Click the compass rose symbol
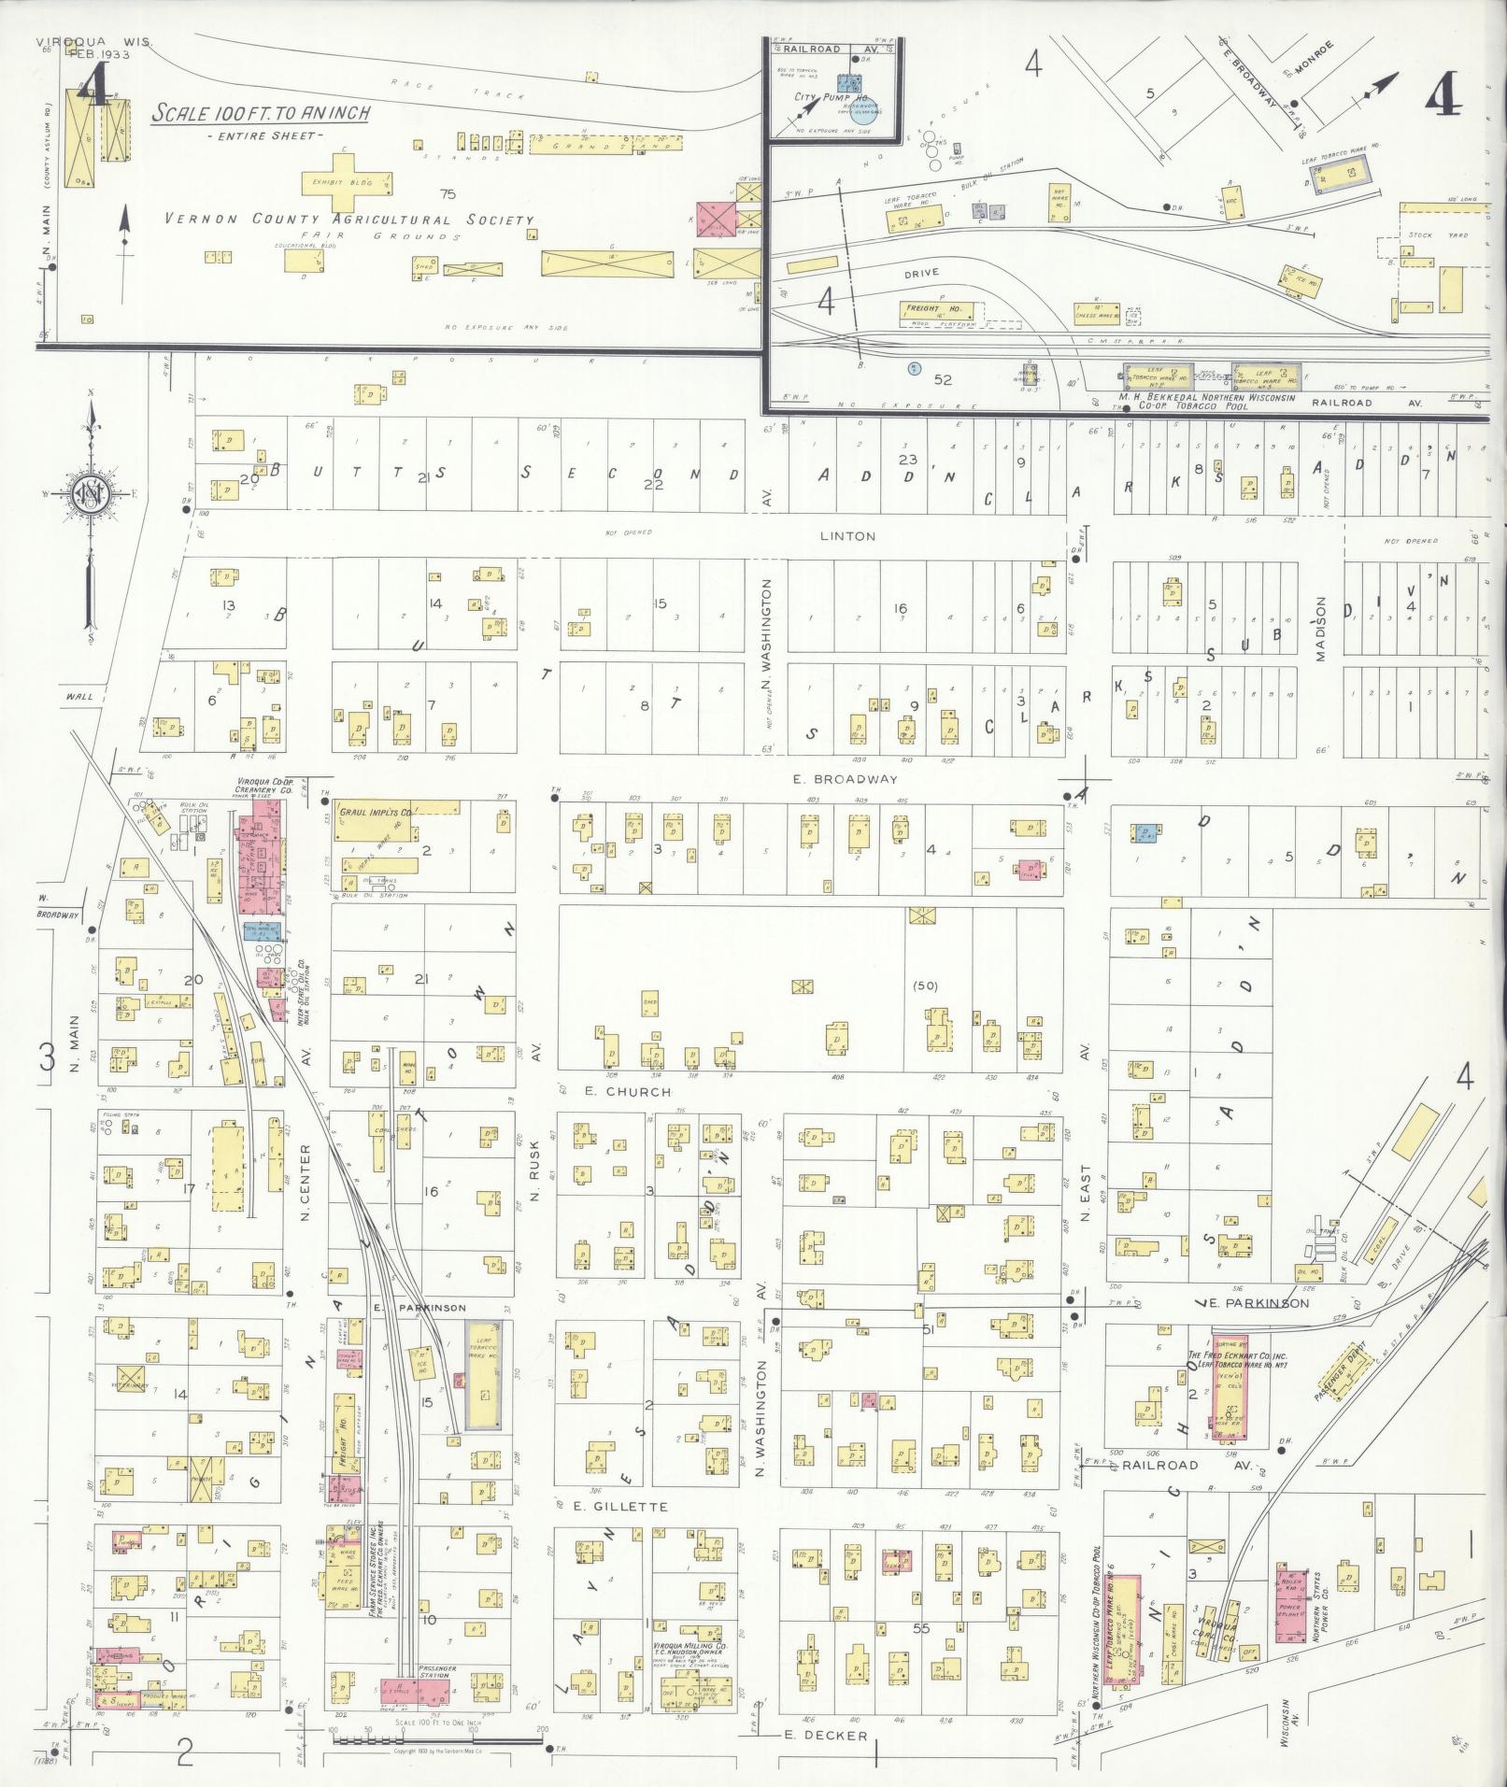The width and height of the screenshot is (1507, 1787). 91,496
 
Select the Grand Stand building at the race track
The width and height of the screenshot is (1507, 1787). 606,144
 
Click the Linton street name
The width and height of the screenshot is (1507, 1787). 847,536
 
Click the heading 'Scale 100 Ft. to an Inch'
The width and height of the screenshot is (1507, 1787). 262,114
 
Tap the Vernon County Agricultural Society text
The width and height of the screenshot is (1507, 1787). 349,220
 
